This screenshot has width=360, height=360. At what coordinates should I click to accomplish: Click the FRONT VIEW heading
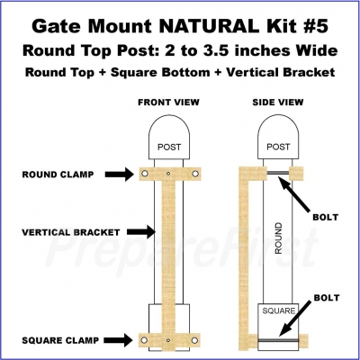pos(168,103)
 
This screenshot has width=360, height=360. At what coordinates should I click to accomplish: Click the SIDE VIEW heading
pos(278,103)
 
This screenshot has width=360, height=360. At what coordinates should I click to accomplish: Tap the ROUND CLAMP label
pos(58,175)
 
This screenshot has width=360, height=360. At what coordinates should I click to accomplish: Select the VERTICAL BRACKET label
pos(71,232)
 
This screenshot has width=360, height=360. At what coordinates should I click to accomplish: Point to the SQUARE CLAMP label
pos(60,340)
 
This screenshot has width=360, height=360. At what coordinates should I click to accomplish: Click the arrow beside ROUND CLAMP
pos(119,174)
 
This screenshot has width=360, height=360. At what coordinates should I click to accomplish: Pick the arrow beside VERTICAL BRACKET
pos(140,231)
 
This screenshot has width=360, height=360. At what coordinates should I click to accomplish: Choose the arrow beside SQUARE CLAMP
pos(118,340)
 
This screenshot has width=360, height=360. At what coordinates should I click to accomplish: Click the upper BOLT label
pos(326,217)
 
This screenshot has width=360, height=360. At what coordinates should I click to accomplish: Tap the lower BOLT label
pos(327,298)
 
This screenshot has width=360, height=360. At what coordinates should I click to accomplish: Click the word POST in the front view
pos(169,147)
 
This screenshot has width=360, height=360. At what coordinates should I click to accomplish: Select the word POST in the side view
pos(278,147)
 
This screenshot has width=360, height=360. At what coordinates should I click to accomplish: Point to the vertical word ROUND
pos(278,238)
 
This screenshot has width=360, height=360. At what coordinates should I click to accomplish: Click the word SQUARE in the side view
pos(279,310)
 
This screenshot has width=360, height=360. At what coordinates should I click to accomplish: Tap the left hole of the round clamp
pos(145,174)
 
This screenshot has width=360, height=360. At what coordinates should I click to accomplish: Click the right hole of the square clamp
pos(194,340)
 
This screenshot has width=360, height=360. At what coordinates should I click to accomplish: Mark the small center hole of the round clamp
pos(168,174)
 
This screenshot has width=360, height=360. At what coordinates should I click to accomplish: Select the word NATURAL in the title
pos(209,26)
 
